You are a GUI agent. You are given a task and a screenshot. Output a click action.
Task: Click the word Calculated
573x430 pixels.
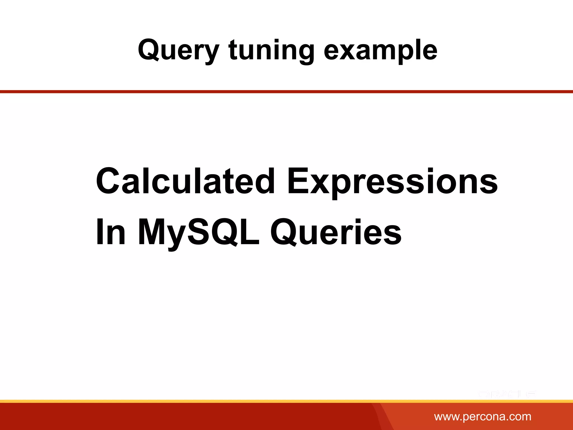click(185, 181)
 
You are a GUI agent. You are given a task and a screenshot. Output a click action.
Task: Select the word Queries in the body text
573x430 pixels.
click(336, 232)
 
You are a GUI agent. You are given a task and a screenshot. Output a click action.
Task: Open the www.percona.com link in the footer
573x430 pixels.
click(483, 417)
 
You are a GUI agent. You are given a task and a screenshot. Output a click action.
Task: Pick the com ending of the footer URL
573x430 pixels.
click(521, 417)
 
